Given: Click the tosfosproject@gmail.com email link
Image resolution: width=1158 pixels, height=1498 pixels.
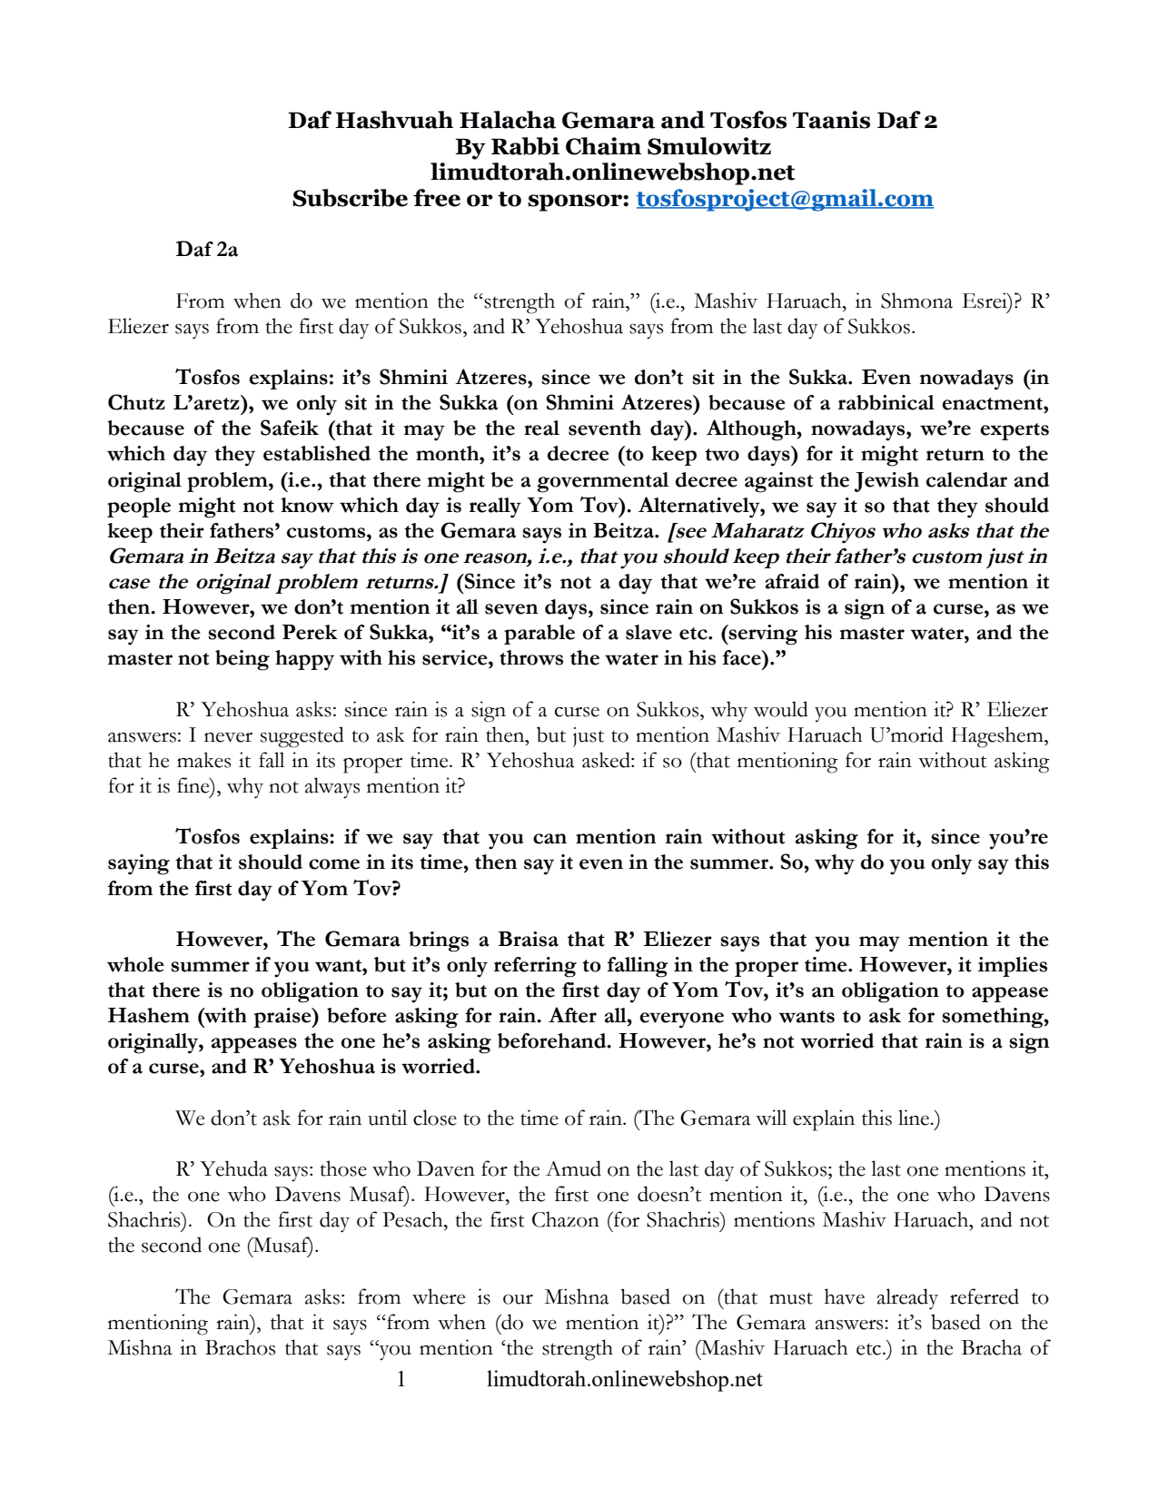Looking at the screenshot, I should click(784, 199).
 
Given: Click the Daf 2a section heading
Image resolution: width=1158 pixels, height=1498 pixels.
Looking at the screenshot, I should click(206, 250).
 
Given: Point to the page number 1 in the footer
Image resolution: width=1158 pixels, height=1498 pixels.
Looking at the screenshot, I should click(401, 1380).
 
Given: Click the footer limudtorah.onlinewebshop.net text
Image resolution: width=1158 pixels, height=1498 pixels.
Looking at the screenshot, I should click(624, 1380).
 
